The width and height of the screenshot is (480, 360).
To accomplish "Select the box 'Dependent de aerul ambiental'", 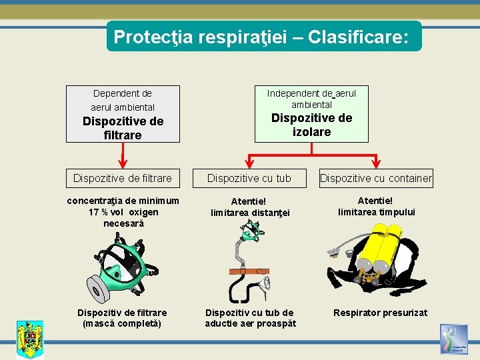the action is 123,113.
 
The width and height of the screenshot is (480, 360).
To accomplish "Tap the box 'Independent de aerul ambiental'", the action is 311,113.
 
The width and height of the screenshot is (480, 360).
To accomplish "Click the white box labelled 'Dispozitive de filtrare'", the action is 123,178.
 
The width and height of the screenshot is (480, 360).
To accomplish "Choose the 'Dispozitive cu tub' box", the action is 249,178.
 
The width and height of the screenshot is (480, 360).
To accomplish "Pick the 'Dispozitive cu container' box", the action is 376,178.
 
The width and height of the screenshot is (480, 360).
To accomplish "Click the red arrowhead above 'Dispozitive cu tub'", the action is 249,163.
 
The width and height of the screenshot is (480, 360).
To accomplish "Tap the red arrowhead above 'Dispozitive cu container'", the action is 377,163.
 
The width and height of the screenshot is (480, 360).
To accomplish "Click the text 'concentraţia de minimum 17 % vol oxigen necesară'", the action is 123,212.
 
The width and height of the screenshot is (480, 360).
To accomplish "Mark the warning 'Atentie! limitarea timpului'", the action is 376,206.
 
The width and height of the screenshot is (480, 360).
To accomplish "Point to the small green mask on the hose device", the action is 250,231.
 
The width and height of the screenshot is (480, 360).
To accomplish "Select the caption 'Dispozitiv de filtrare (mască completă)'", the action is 123,318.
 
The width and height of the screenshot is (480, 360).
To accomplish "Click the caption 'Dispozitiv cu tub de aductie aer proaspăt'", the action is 249,318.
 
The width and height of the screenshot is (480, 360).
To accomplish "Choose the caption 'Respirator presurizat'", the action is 380,313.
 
